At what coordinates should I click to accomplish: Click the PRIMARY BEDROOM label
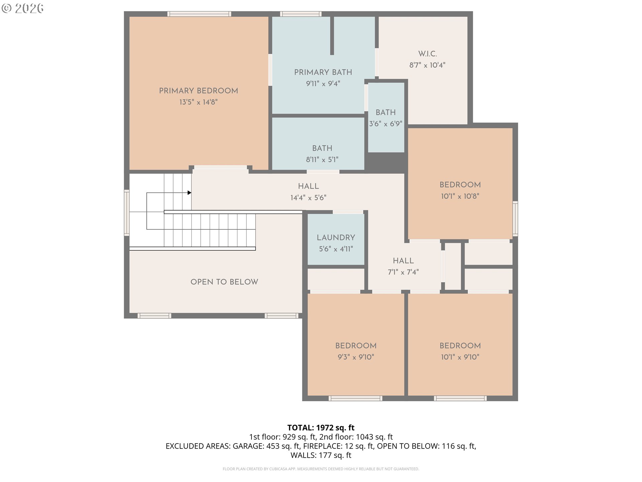(198, 91)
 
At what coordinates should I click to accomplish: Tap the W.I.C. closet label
(427, 54)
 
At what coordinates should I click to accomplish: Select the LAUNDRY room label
(336, 237)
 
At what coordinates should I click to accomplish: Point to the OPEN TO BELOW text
(224, 282)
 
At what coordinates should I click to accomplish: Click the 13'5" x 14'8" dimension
(198, 102)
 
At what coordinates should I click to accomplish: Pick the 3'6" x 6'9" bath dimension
(386, 124)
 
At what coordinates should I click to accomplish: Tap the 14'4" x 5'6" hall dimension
(308, 197)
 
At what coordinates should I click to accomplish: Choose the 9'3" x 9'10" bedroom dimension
(356, 357)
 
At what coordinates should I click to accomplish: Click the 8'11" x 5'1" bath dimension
(322, 160)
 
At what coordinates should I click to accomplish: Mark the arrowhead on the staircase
(189, 193)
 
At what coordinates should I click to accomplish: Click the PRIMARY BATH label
(323, 72)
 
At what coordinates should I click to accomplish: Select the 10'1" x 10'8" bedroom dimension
(460, 196)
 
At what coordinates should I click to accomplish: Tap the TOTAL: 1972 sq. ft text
(321, 427)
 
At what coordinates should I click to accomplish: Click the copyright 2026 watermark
(22, 8)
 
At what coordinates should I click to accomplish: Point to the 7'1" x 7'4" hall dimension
(403, 272)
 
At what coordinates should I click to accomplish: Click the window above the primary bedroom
(199, 14)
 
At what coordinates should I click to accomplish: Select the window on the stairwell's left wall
(127, 213)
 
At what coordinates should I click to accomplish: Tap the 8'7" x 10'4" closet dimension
(427, 65)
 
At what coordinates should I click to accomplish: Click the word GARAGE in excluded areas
(248, 446)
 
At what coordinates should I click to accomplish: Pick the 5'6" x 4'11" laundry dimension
(336, 249)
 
